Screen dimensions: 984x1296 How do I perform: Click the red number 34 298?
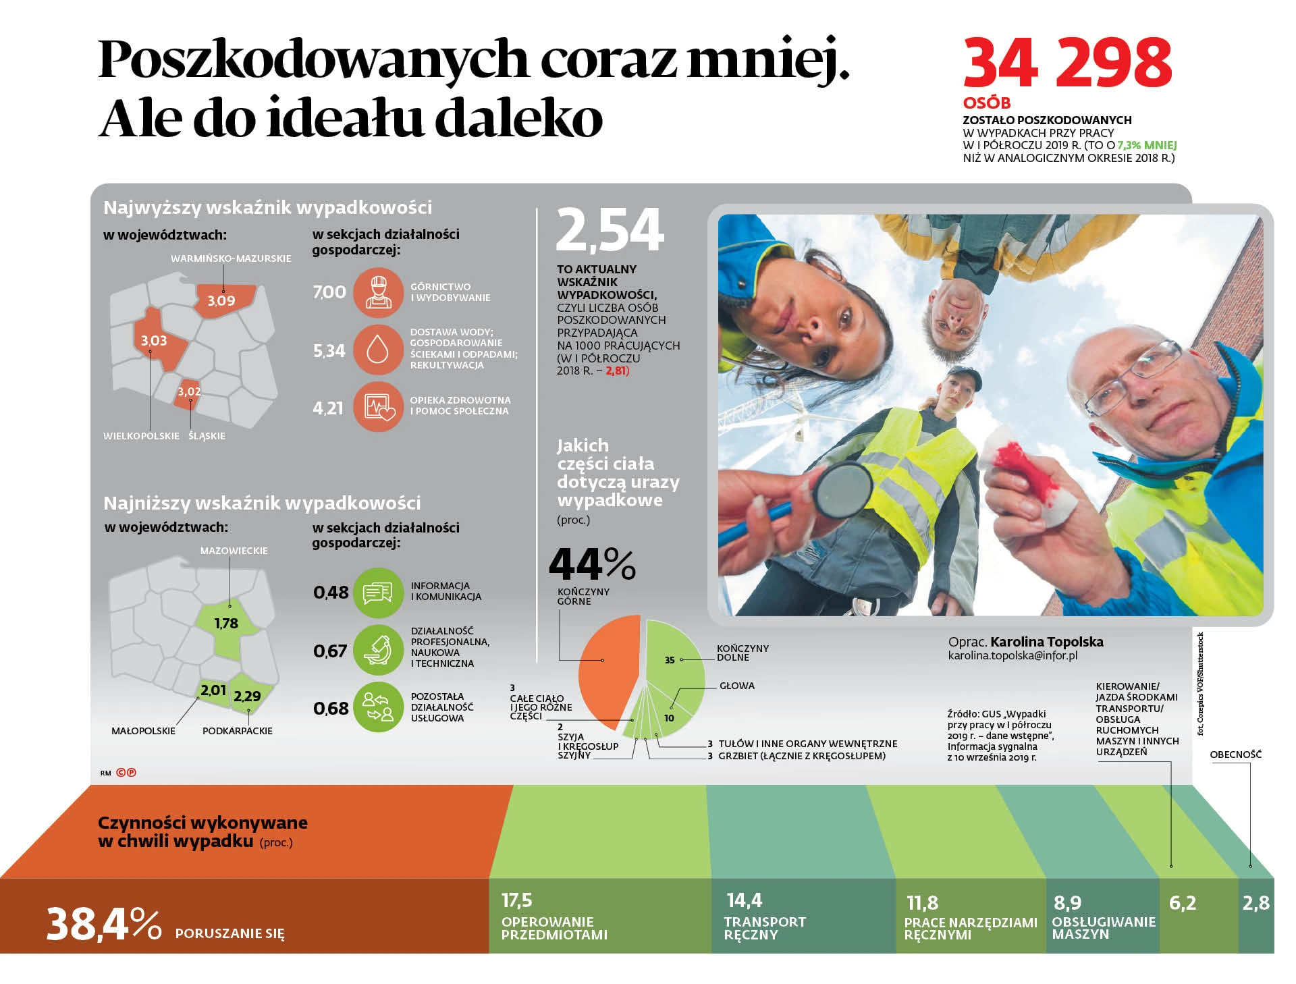tap(1067, 63)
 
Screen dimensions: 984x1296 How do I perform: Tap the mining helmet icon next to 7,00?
tap(378, 293)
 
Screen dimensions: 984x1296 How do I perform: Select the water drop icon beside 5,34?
tap(378, 350)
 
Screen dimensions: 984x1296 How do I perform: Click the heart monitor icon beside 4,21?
tap(378, 407)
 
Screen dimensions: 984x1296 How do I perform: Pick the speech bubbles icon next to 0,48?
tap(378, 593)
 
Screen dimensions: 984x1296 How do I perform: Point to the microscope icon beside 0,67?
tap(378, 650)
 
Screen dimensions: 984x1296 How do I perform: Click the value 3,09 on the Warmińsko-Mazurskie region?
tap(221, 301)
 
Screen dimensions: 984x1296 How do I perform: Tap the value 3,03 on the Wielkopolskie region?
tap(154, 341)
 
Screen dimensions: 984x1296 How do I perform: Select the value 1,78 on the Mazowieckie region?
tap(226, 624)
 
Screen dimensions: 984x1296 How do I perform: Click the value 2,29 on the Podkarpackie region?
tap(247, 696)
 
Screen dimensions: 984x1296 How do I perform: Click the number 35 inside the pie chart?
tap(670, 660)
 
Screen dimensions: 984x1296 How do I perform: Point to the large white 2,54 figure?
tap(610, 231)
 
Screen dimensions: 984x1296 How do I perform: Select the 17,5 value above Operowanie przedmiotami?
tap(517, 900)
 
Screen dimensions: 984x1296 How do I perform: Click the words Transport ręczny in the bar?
tap(764, 928)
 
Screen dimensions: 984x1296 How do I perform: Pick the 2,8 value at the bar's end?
tap(1255, 903)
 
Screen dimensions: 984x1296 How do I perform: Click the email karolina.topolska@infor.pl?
tap(1013, 656)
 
